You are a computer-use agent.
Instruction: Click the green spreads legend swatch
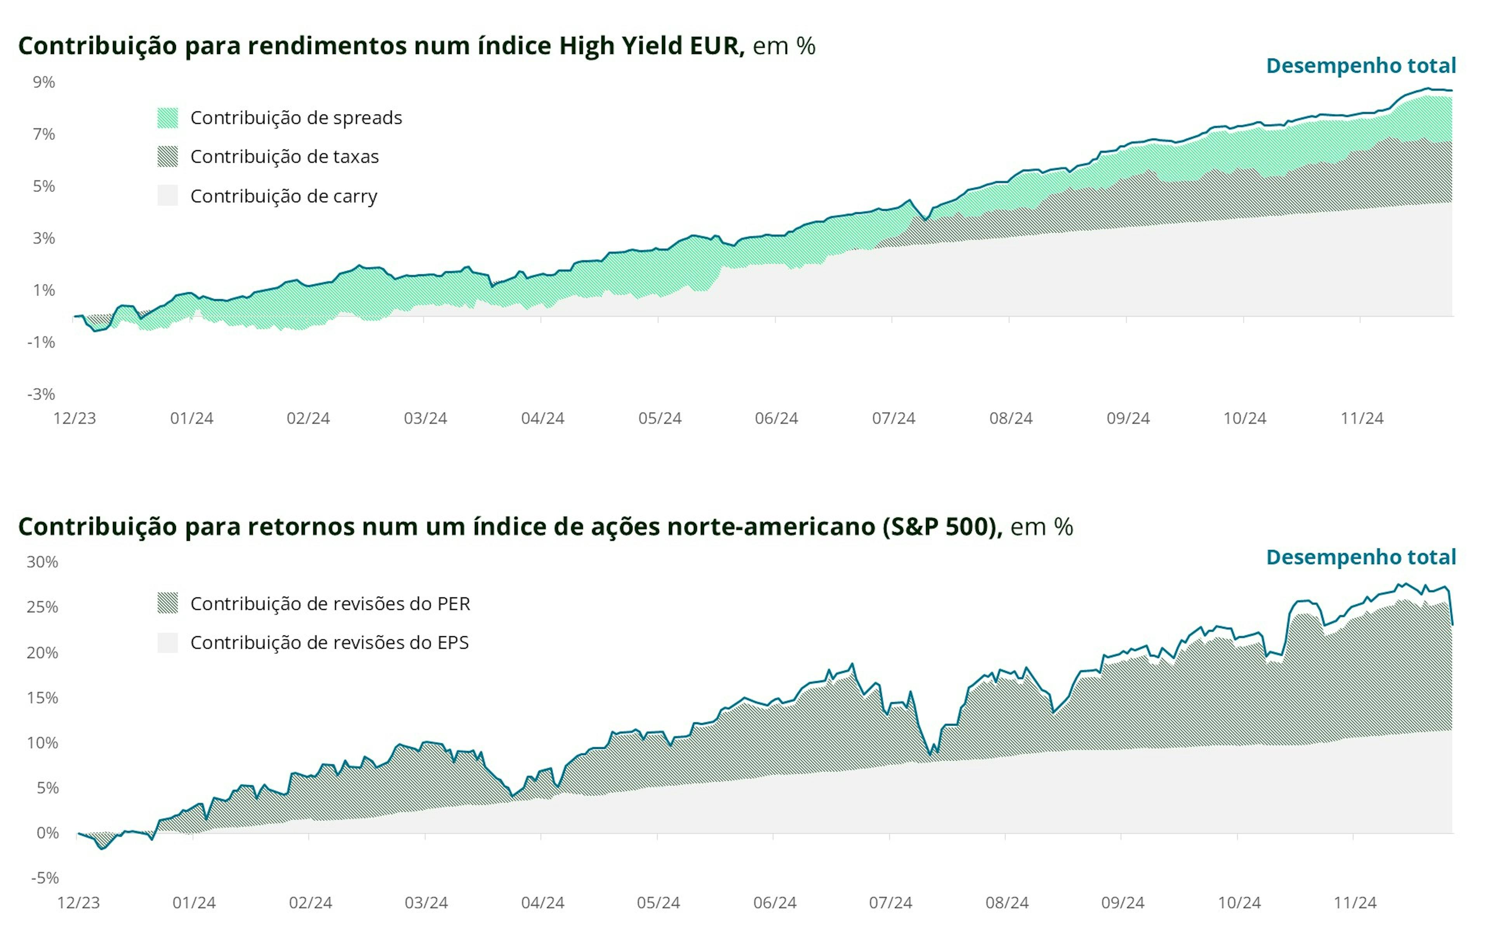[x=167, y=118]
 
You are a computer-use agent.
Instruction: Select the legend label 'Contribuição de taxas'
[x=284, y=157]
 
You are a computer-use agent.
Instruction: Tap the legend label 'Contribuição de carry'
[x=283, y=196]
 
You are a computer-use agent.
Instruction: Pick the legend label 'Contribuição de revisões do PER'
[x=330, y=604]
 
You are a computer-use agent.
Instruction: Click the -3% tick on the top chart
[x=42, y=394]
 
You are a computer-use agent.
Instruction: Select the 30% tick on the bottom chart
[x=42, y=562]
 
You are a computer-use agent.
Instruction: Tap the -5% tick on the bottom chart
[x=45, y=878]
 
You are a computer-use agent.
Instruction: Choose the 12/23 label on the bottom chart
[x=78, y=903]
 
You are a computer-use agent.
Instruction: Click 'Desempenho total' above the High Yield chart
[x=1361, y=66]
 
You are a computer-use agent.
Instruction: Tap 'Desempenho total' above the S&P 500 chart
[x=1361, y=557]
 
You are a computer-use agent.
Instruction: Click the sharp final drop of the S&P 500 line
[x=1451, y=608]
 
